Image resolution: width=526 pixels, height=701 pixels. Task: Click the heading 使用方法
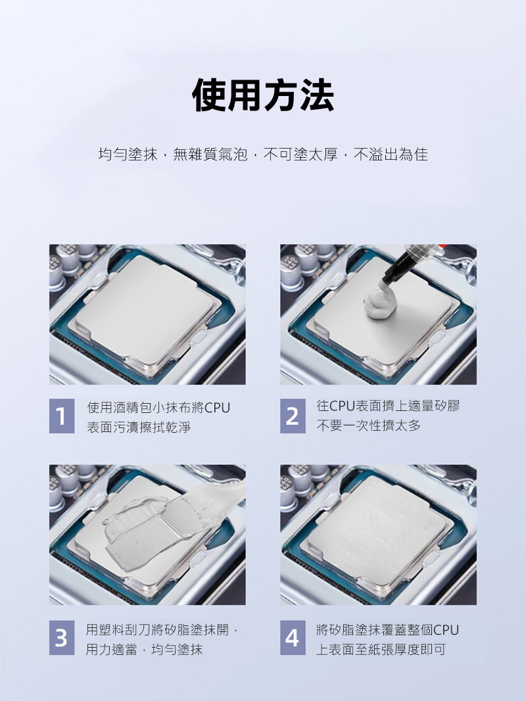263,95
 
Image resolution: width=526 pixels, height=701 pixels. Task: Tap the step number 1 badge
62,416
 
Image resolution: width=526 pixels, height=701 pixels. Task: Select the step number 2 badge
293,416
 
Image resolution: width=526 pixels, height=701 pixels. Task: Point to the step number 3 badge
62,637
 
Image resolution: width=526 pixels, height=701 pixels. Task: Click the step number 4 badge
293,637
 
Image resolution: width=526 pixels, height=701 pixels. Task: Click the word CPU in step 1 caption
217,408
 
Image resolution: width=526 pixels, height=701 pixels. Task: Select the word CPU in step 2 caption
342,406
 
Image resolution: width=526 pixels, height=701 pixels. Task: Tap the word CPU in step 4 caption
446,630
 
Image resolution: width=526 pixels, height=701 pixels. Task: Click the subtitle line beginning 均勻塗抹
263,155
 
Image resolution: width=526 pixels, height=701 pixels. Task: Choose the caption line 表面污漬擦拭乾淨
139,427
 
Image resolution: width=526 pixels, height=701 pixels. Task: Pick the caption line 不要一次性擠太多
369,425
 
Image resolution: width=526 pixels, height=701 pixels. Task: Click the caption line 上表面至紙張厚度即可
381,650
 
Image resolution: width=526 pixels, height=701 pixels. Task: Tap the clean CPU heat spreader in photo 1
144,308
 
